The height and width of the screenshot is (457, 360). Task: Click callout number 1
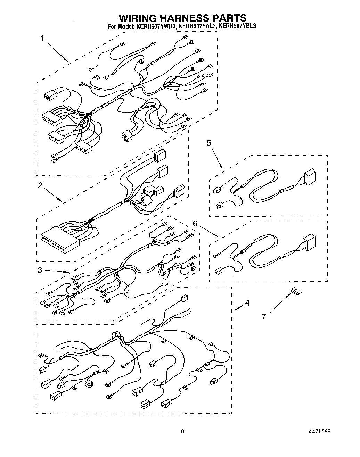tap(42, 38)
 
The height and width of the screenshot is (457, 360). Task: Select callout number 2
tap(40, 185)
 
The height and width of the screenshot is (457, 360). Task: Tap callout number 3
tap(40, 270)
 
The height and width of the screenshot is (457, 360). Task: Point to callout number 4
tap(247, 303)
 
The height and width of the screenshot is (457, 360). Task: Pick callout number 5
tap(209, 143)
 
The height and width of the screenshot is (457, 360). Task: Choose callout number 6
tap(195, 224)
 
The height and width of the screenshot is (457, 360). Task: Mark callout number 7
tap(264, 317)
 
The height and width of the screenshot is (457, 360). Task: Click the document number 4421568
tap(319, 431)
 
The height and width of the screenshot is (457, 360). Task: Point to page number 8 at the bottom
tap(182, 431)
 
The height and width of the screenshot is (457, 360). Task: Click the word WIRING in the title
tap(137, 18)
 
